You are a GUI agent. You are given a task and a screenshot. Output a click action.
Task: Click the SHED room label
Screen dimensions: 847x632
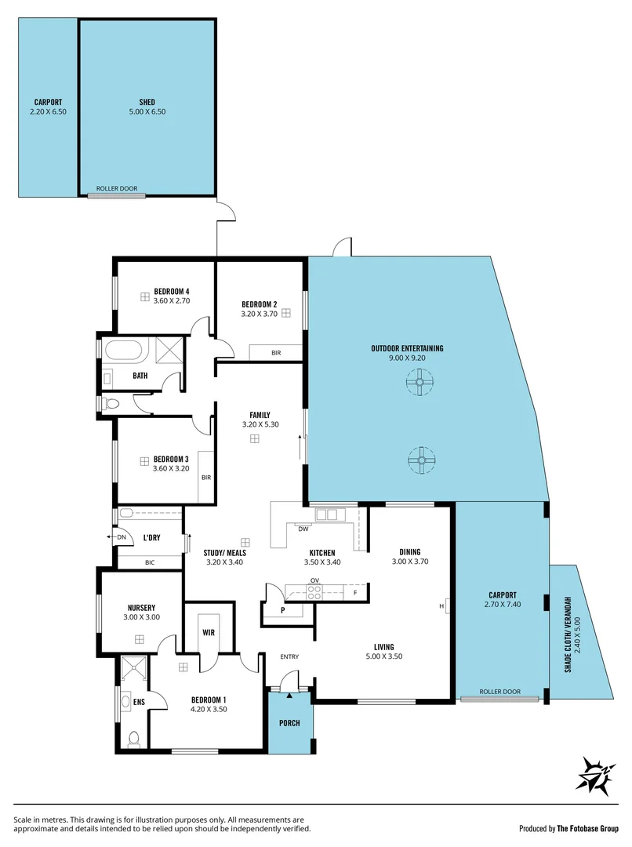click(147, 102)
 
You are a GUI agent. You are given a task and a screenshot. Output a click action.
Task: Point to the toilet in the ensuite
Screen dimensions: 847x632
click(134, 739)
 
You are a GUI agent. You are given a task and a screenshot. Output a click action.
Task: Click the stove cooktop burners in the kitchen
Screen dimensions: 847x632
click(314, 593)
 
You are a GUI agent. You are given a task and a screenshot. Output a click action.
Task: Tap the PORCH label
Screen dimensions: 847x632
click(289, 722)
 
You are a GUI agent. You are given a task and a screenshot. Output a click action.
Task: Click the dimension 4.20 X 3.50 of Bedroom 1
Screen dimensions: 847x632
click(209, 709)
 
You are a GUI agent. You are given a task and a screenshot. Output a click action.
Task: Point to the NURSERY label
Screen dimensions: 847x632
click(141, 608)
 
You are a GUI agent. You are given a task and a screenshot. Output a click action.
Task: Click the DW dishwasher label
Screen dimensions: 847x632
click(303, 529)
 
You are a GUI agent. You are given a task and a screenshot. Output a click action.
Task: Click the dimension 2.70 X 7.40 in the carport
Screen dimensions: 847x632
click(501, 605)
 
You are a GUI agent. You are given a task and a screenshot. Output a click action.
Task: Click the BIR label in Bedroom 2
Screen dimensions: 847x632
click(276, 353)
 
